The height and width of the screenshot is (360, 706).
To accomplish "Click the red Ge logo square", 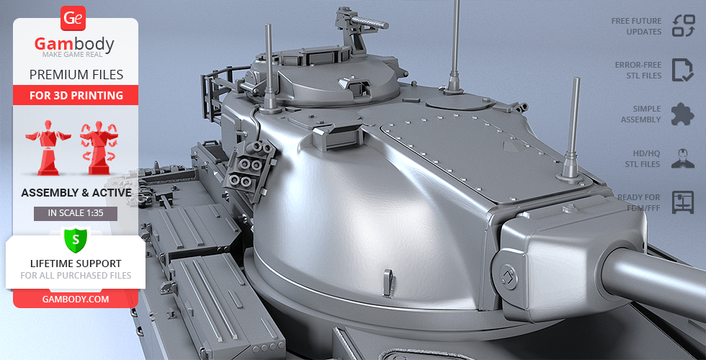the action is point(73,19).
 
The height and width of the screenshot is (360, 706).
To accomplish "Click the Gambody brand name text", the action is point(74,44).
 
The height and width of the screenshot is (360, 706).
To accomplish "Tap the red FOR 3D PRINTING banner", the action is point(76,95).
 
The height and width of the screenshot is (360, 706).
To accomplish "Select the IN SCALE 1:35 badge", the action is point(76,213).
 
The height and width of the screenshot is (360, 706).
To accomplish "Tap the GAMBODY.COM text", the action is point(76,300).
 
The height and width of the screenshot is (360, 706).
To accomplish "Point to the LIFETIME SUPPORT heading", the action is point(76,264).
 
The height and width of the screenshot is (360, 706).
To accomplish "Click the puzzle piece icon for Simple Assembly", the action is point(683,114).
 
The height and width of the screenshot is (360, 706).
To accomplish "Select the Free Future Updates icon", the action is point(684,26).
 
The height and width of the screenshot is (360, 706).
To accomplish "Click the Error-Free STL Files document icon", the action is point(683,70).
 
